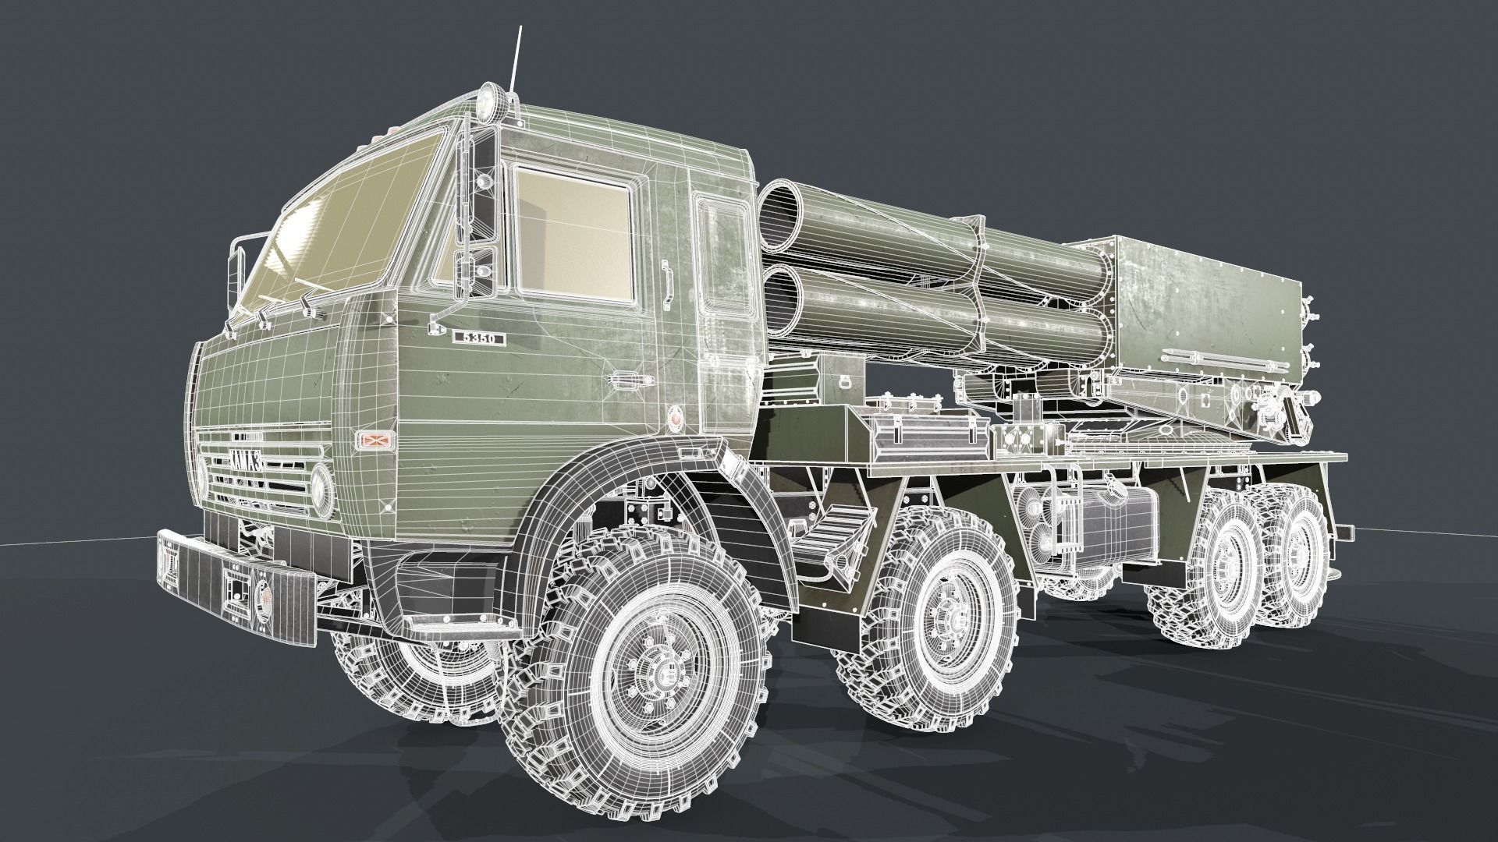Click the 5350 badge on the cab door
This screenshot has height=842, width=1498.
click(479, 338)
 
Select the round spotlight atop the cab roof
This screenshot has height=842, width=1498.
click(489, 100)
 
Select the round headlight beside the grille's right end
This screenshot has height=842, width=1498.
click(321, 485)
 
